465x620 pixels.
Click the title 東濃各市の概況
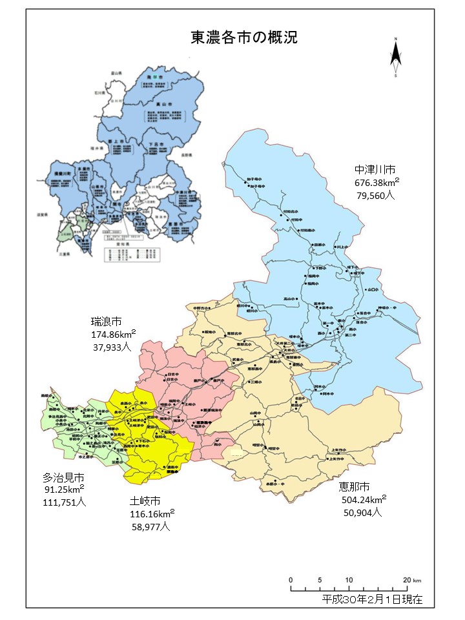coord(244,37)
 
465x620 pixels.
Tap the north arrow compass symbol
coord(395,58)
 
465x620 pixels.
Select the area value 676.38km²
coord(377,183)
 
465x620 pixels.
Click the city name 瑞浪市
coord(107,322)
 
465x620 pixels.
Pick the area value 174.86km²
coord(112,335)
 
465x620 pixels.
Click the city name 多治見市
coord(63,478)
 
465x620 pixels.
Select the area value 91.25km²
coord(64,490)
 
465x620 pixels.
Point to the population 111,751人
coord(64,502)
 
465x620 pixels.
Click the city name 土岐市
coord(145,501)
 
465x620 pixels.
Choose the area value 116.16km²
coord(152,514)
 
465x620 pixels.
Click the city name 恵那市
coord(355,486)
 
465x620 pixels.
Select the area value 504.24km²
coord(364,499)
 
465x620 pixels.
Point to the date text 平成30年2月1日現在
coord(372,599)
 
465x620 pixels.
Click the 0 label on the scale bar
coord(291,579)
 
